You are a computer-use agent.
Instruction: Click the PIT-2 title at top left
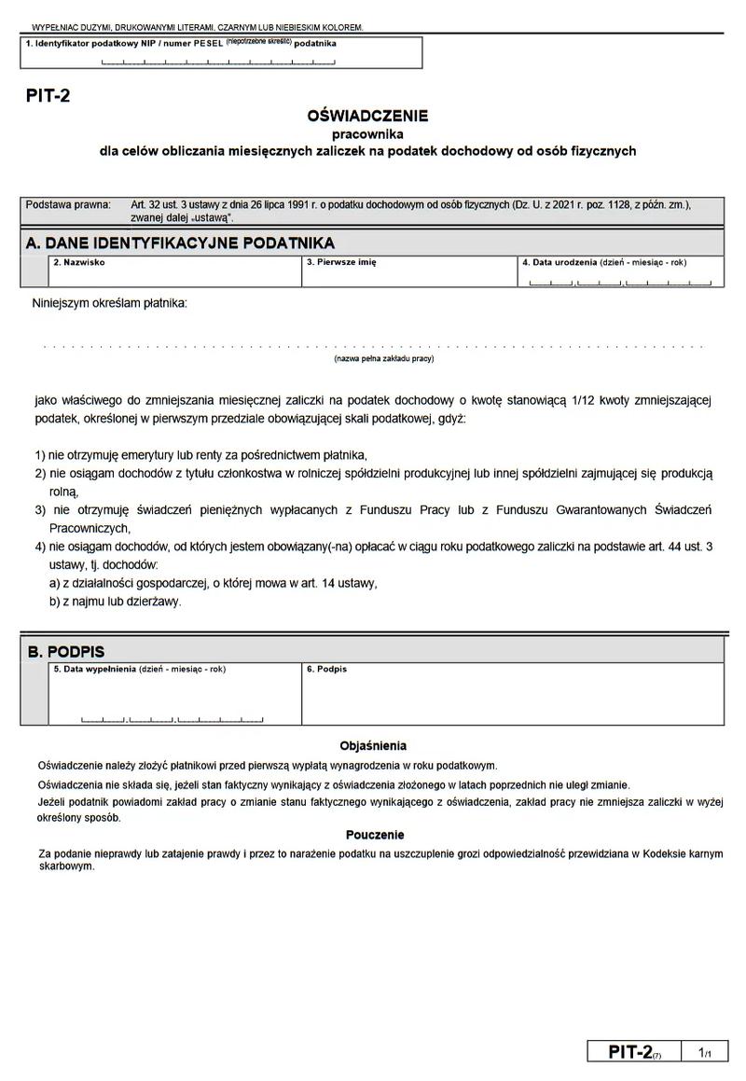(x=48, y=94)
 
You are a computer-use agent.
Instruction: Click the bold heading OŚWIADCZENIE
(x=367, y=117)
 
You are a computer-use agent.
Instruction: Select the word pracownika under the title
(x=367, y=134)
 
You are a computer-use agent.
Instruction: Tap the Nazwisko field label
(x=79, y=262)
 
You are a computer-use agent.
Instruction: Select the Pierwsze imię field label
(x=341, y=262)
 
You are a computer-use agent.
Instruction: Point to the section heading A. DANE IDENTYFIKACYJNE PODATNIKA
(x=180, y=243)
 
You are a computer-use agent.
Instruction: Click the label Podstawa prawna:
(x=68, y=204)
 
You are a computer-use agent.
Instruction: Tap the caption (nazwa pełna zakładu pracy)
(x=383, y=358)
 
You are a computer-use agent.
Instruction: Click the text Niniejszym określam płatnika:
(x=109, y=303)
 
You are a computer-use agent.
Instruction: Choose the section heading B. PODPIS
(x=65, y=652)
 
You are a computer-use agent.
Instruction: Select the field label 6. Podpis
(x=325, y=669)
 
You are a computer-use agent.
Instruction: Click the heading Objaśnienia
(x=373, y=746)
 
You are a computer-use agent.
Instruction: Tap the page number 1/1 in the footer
(x=704, y=1052)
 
